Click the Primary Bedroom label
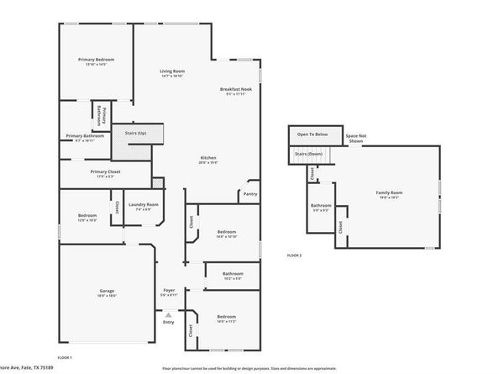(x=96, y=60)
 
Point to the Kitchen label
(x=208, y=157)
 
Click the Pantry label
(x=249, y=193)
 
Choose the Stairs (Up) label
(x=135, y=133)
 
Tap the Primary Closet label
(x=106, y=172)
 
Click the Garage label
(x=107, y=291)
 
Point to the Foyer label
(x=169, y=290)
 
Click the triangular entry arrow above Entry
(x=169, y=313)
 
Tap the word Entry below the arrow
(x=169, y=322)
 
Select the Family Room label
(x=387, y=192)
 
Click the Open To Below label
(x=310, y=134)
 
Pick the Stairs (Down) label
(x=308, y=154)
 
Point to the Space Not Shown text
(x=356, y=138)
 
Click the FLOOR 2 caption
(x=294, y=255)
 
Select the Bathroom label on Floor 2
(x=321, y=206)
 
